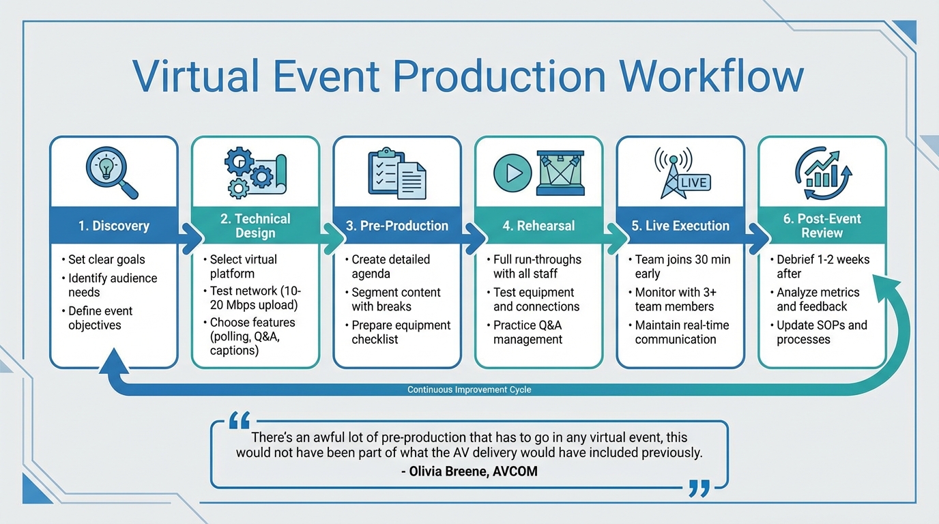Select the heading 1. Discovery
[113, 226]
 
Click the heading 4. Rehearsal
[538, 226]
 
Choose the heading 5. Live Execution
[680, 226]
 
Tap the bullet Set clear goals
[106, 259]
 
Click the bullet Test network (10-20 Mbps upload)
[254, 298]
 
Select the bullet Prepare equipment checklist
[401, 332]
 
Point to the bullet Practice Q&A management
[528, 332]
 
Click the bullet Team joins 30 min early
[682, 266]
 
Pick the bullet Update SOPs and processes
[821, 332]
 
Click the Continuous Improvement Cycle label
[469, 390]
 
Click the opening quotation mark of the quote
[240, 420]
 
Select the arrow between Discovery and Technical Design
[190, 239]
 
